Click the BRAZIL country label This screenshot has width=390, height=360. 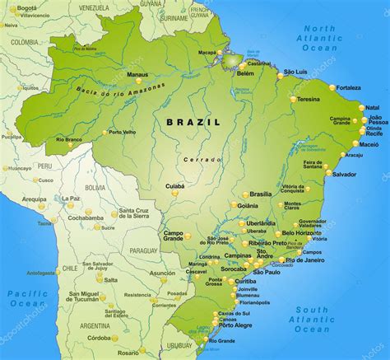tap(193, 121)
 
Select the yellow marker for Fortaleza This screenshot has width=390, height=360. tap(333, 87)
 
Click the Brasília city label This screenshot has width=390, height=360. tap(260, 194)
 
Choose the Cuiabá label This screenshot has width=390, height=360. tap(175, 186)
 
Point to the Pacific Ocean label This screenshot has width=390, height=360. tap(28, 298)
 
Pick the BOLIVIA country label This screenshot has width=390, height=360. tap(95, 188)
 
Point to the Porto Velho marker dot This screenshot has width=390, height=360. tap(105, 133)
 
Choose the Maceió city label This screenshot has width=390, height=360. tap(369, 145)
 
